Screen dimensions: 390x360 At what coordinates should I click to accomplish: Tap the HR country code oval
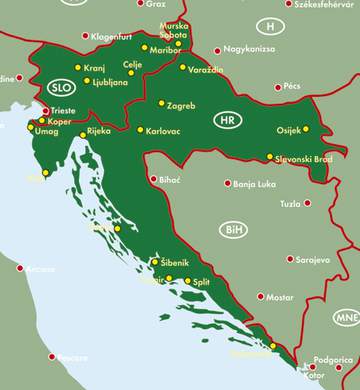(x=228, y=120)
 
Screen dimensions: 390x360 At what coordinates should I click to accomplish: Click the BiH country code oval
(x=234, y=229)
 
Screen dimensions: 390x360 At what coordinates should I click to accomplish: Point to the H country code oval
(x=269, y=25)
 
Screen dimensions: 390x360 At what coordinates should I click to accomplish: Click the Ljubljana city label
(x=112, y=82)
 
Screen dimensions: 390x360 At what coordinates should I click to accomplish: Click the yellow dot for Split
(x=187, y=282)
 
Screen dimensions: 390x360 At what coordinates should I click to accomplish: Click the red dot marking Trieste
(x=45, y=111)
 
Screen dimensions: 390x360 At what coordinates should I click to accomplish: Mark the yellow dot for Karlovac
(x=140, y=130)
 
